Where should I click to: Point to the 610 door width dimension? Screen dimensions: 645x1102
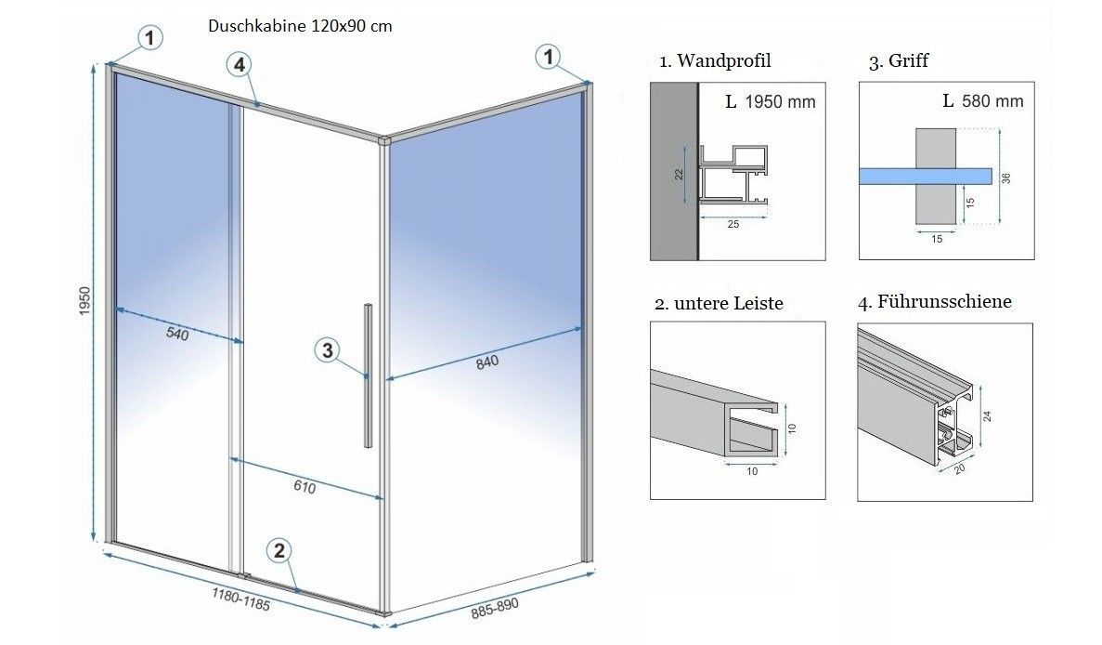tap(305, 488)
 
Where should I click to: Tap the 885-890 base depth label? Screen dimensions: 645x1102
tap(495, 609)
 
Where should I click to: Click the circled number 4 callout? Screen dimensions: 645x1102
tap(240, 65)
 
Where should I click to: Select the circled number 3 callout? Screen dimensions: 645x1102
tap(326, 350)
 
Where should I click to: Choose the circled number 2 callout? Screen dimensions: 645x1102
tap(279, 550)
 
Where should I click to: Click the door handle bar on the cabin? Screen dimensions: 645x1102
tap(369, 375)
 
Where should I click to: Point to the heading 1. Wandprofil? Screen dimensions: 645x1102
tap(715, 61)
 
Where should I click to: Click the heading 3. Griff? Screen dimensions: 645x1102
tap(899, 61)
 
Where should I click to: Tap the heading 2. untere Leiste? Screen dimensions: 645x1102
tap(719, 303)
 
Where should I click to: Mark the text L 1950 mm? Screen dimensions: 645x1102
tap(771, 101)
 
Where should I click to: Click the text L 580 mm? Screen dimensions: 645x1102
tap(982, 100)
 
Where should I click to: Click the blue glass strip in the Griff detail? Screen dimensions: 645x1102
tap(925, 176)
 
